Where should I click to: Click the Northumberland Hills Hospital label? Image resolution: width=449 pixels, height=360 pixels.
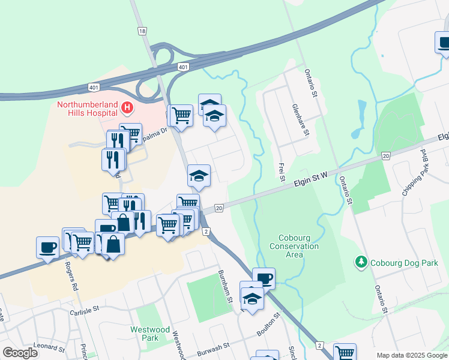(86, 108)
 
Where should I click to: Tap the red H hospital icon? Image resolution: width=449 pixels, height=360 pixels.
(127, 108)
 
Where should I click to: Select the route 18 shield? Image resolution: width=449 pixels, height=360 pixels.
(142, 31)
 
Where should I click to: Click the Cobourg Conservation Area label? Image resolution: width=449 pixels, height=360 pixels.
(294, 246)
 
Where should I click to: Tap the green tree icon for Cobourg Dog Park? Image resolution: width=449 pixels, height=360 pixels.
(361, 262)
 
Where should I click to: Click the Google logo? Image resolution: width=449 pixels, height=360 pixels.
(20, 353)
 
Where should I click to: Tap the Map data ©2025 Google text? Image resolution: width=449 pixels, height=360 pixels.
(412, 355)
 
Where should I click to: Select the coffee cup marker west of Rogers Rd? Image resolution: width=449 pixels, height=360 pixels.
(47, 247)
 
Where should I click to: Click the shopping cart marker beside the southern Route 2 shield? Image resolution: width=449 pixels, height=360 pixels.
(345, 352)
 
